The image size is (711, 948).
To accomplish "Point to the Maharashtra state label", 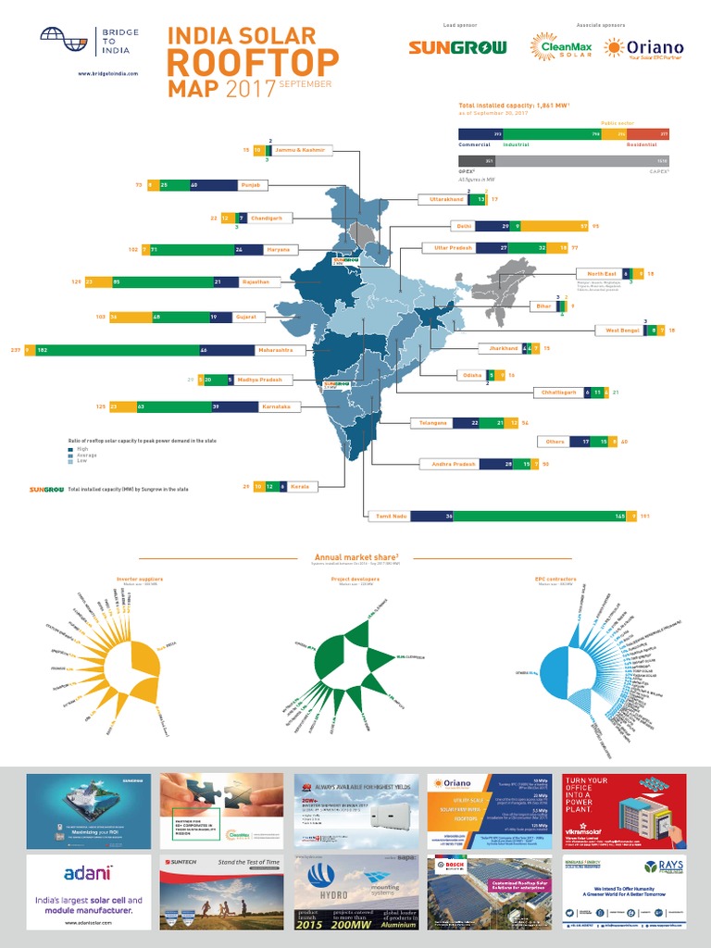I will point(276,350).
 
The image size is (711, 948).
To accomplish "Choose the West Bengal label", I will point(622,330).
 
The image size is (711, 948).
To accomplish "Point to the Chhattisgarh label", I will point(559,393).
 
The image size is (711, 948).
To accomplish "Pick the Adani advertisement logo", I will point(89,872).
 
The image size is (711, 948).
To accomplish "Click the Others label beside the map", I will point(555,442).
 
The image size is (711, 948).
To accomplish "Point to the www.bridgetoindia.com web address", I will point(107,73).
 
